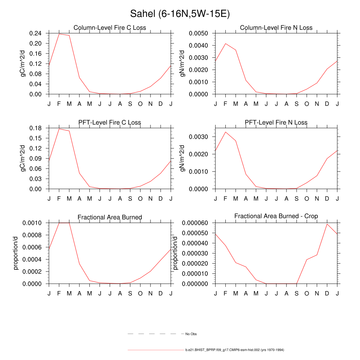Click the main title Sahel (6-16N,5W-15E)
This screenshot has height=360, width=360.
coord(180,14)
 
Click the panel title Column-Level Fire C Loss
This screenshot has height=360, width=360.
coord(110,28)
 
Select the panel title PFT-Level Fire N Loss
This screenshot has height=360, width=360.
coord(276,122)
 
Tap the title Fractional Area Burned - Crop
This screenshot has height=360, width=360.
coord(276,216)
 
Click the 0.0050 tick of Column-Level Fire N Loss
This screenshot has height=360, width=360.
coord(198,33)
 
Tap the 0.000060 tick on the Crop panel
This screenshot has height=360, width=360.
coord(195,223)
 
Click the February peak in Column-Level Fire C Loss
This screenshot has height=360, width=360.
coord(59,34)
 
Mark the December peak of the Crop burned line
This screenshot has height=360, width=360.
coord(327,224)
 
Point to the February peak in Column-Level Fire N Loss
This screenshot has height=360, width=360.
coord(225,44)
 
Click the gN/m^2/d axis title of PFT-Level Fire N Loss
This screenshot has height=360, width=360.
coord(182,158)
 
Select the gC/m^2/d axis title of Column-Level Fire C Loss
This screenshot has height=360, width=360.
coord(24,64)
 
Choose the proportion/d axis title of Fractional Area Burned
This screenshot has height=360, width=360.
coord(16,253)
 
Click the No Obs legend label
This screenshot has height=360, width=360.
coord(191,334)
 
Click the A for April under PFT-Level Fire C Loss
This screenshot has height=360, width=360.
coord(79,199)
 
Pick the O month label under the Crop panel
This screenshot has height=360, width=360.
coord(307,293)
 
